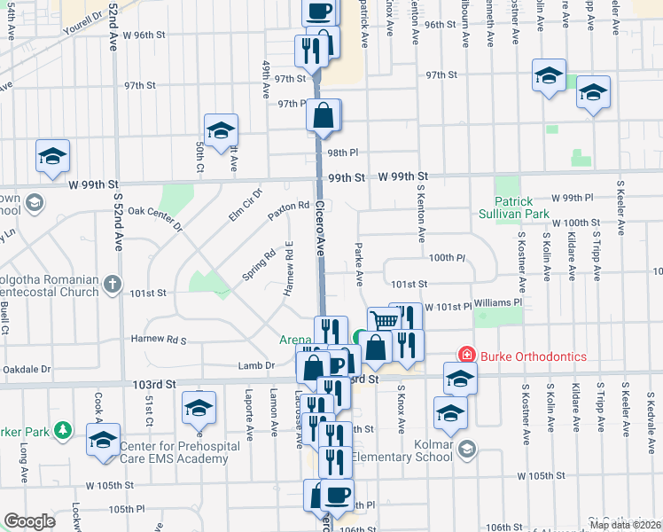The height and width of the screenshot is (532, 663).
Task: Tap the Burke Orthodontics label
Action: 534,356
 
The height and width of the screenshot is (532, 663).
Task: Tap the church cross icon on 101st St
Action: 112,285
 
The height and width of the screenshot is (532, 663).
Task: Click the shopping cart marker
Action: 383,320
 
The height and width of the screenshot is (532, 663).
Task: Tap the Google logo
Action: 29,520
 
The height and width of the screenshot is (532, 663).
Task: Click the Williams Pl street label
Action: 498,302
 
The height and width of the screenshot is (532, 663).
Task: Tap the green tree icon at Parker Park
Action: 62,430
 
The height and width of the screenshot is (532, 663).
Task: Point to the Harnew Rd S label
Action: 157,339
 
